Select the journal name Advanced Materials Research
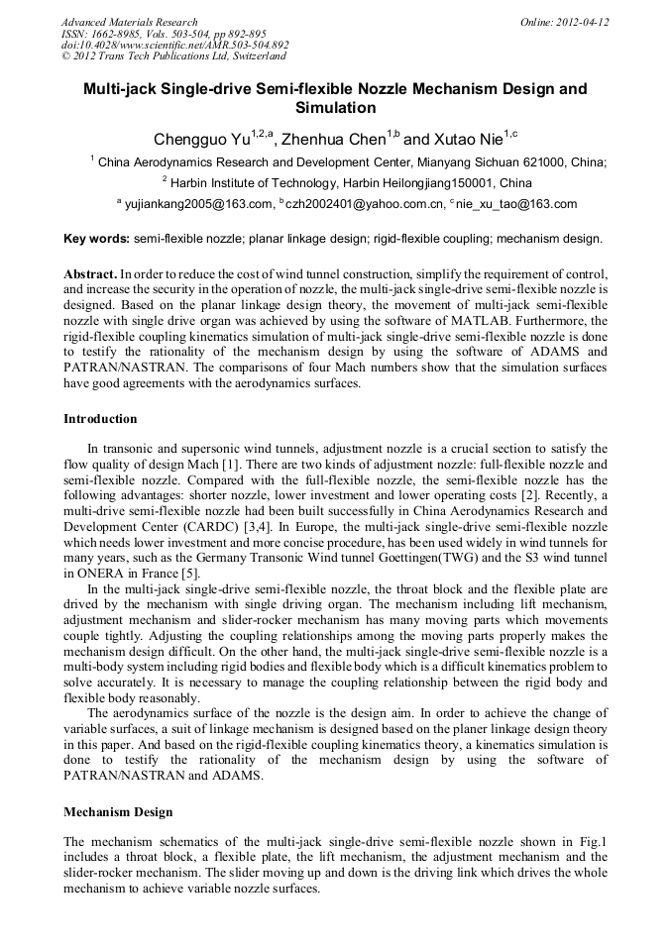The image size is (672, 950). tap(129, 22)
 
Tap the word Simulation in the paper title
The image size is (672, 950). tap(336, 107)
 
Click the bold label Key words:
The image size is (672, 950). tap(96, 239)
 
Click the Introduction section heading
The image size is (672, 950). tap(100, 419)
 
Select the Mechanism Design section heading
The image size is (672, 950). tap(118, 812)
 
